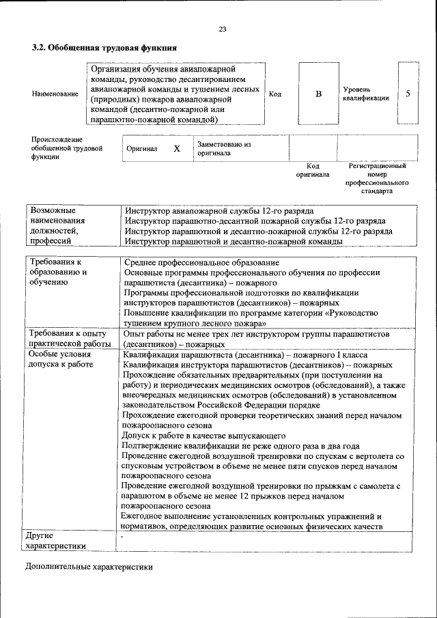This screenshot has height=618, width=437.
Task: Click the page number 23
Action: pyautogui.click(x=222, y=29)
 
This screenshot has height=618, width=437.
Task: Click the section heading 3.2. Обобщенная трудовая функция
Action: pyautogui.click(x=104, y=48)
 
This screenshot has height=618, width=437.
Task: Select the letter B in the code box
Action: pyautogui.click(x=318, y=94)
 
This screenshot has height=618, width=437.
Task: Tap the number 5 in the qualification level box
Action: pyautogui.click(x=408, y=94)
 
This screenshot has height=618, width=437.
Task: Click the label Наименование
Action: pyautogui.click(x=55, y=94)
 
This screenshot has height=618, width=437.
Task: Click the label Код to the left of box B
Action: pyautogui.click(x=275, y=94)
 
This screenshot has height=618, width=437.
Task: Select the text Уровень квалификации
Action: pyautogui.click(x=365, y=94)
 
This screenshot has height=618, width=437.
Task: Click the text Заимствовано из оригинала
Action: pyautogui.click(x=224, y=149)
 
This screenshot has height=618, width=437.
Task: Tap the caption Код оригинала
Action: pyautogui.click(x=313, y=170)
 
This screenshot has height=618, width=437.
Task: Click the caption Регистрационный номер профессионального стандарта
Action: pyautogui.click(x=377, y=178)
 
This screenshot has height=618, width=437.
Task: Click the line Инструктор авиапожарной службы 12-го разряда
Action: pyautogui.click(x=218, y=211)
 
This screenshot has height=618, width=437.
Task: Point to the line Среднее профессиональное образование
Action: pyautogui.click(x=201, y=262)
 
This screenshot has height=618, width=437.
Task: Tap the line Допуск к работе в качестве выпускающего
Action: pyautogui.click(x=203, y=435)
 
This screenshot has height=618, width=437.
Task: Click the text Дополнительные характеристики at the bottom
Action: pyautogui.click(x=89, y=567)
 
